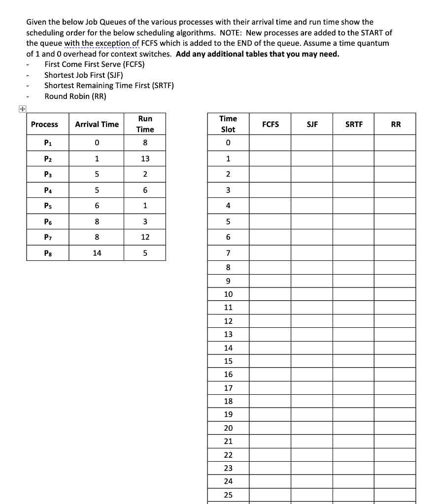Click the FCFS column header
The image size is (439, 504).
click(270, 125)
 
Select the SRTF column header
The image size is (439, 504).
click(353, 125)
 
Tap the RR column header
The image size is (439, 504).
click(395, 125)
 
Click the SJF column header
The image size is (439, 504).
click(311, 125)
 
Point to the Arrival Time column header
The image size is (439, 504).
click(97, 125)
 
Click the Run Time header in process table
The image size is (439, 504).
click(145, 124)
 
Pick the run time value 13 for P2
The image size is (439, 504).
click(145, 159)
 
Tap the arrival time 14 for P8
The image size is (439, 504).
click(97, 253)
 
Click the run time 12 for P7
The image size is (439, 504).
click(145, 238)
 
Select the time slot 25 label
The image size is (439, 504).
click(228, 495)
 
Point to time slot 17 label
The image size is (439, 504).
click(228, 388)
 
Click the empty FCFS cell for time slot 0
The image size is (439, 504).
click(270, 144)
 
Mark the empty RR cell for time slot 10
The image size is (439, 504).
click(395, 294)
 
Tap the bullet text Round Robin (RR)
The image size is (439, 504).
click(75, 96)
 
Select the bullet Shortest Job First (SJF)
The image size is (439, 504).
click(83, 75)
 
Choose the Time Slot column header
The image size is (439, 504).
click(228, 124)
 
